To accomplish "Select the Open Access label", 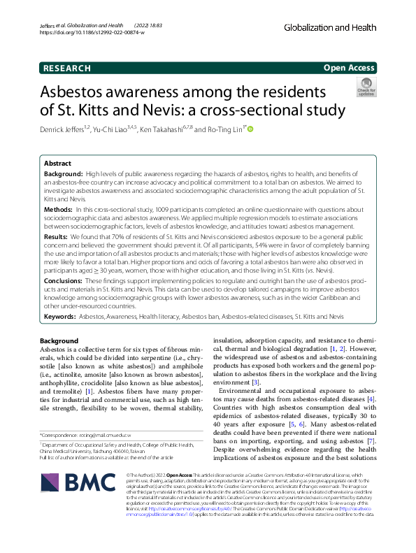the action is [x=350, y=68].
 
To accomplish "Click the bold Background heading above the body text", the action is [x=59, y=340].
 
